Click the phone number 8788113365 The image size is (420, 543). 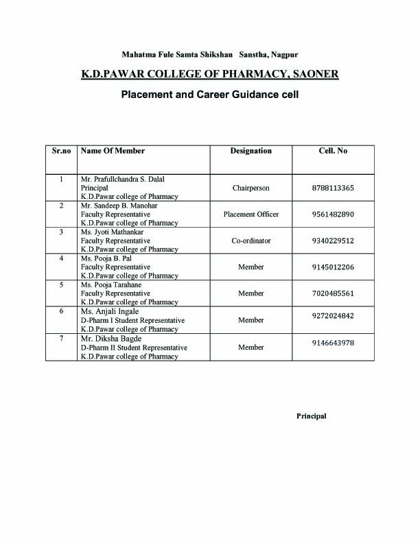pos(333,188)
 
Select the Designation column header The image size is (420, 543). pos(250,151)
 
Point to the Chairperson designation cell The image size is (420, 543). pos(251,188)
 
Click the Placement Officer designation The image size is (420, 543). pos(251,215)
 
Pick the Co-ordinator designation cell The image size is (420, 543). pos(251,241)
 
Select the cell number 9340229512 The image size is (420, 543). pos(333,241)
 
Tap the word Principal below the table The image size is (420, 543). pos(312,416)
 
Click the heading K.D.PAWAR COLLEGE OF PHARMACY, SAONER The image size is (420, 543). pos(209,73)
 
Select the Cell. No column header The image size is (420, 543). pos(333,151)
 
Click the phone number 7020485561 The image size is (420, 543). pos(333,293)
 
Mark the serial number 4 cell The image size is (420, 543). pos(62,258)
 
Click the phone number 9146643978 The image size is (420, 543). pos(333,343)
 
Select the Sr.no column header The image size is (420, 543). pos(62,151)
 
